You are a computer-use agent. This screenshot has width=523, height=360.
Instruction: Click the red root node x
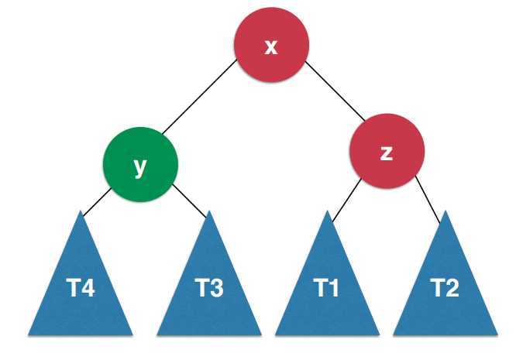point(271,46)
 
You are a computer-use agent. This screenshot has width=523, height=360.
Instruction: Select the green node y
point(140,163)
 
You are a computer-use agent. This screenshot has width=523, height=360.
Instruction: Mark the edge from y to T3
point(190,201)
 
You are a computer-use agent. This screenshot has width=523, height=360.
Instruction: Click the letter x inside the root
point(271,46)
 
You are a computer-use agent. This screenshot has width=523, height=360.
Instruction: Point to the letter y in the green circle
point(140,166)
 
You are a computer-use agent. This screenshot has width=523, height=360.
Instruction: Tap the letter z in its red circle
point(387,153)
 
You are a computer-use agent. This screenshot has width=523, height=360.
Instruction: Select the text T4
point(81,289)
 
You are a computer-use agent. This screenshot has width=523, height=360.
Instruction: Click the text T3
point(209,289)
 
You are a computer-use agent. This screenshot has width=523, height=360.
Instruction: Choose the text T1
point(327,289)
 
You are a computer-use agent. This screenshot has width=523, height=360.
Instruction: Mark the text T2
point(445,289)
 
